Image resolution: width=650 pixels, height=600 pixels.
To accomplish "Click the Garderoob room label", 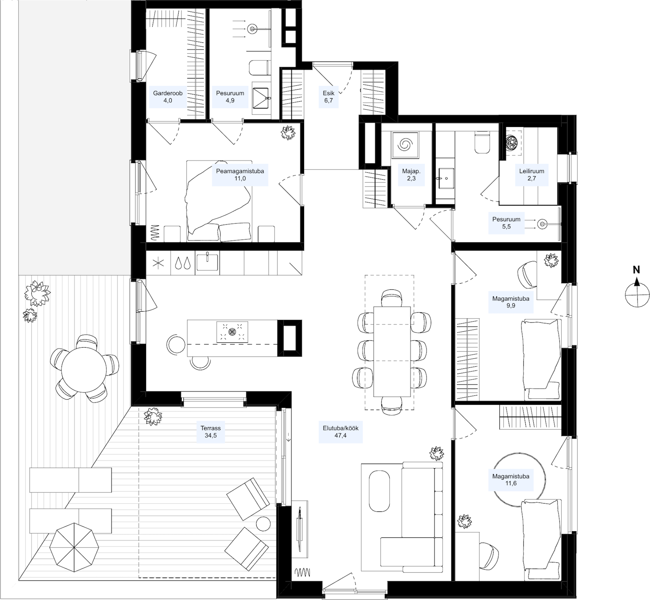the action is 168,97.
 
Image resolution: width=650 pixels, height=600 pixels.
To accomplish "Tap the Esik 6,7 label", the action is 329,97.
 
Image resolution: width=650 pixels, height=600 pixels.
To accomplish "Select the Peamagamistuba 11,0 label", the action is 240,175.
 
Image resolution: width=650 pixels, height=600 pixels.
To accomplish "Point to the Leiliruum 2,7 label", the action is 532,175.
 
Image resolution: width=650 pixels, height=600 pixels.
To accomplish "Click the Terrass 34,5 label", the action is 211,432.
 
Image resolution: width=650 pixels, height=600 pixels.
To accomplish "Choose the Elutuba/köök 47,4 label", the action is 341,432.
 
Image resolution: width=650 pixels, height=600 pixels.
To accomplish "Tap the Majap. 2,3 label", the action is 411,175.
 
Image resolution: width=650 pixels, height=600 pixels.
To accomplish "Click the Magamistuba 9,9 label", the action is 511,302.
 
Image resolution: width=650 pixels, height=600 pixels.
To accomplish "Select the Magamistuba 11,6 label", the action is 511,480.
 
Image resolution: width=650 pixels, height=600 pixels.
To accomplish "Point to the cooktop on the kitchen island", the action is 232,332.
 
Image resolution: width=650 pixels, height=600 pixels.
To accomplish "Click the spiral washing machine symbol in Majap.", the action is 405,145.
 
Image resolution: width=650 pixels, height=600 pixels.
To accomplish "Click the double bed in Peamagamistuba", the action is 219,201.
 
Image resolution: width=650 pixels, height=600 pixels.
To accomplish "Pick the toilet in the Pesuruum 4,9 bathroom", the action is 259,68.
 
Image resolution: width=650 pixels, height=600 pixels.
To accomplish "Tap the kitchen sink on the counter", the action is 208,263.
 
